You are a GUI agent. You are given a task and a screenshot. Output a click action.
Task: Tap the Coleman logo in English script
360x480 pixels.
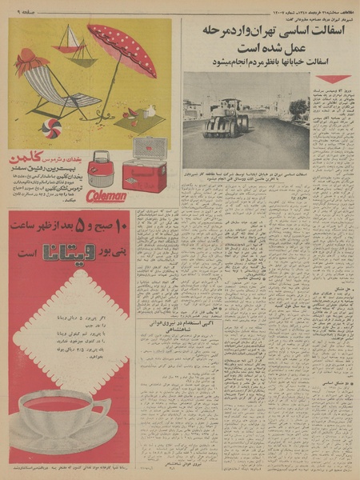tap(106, 195)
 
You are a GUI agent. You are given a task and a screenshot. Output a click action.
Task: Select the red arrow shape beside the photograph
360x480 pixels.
tap(331, 79)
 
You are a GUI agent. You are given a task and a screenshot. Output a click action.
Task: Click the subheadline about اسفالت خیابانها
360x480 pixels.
tap(272, 61)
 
